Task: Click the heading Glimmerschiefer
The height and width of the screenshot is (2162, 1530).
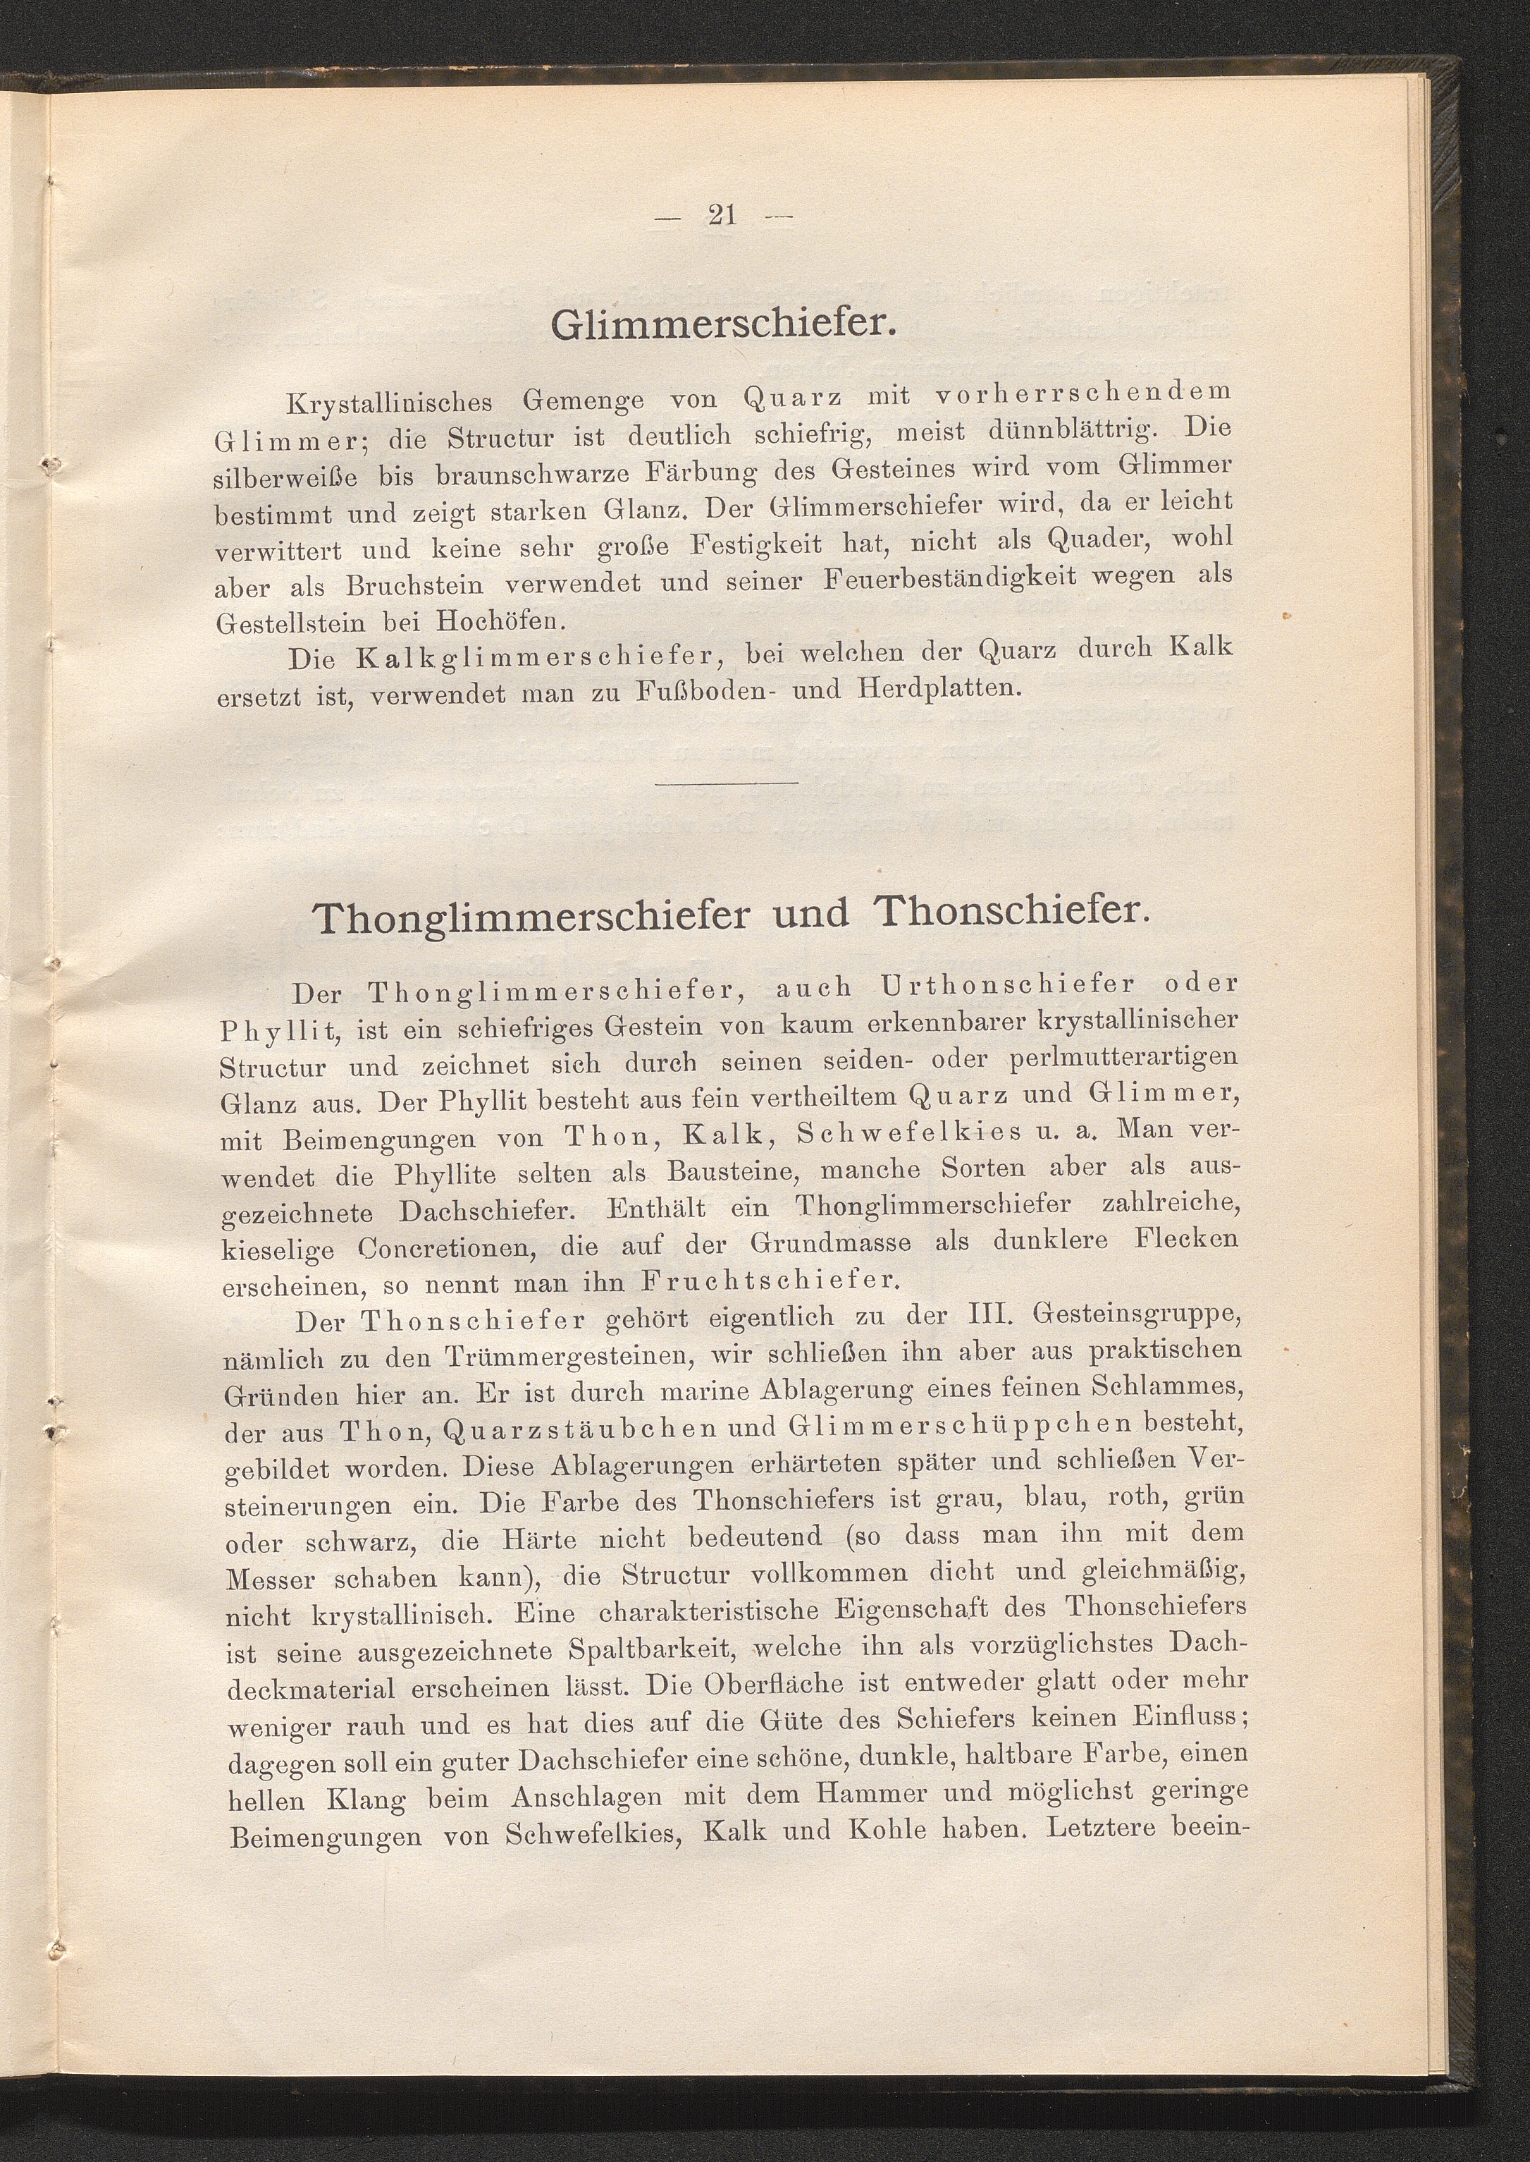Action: tap(721, 324)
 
